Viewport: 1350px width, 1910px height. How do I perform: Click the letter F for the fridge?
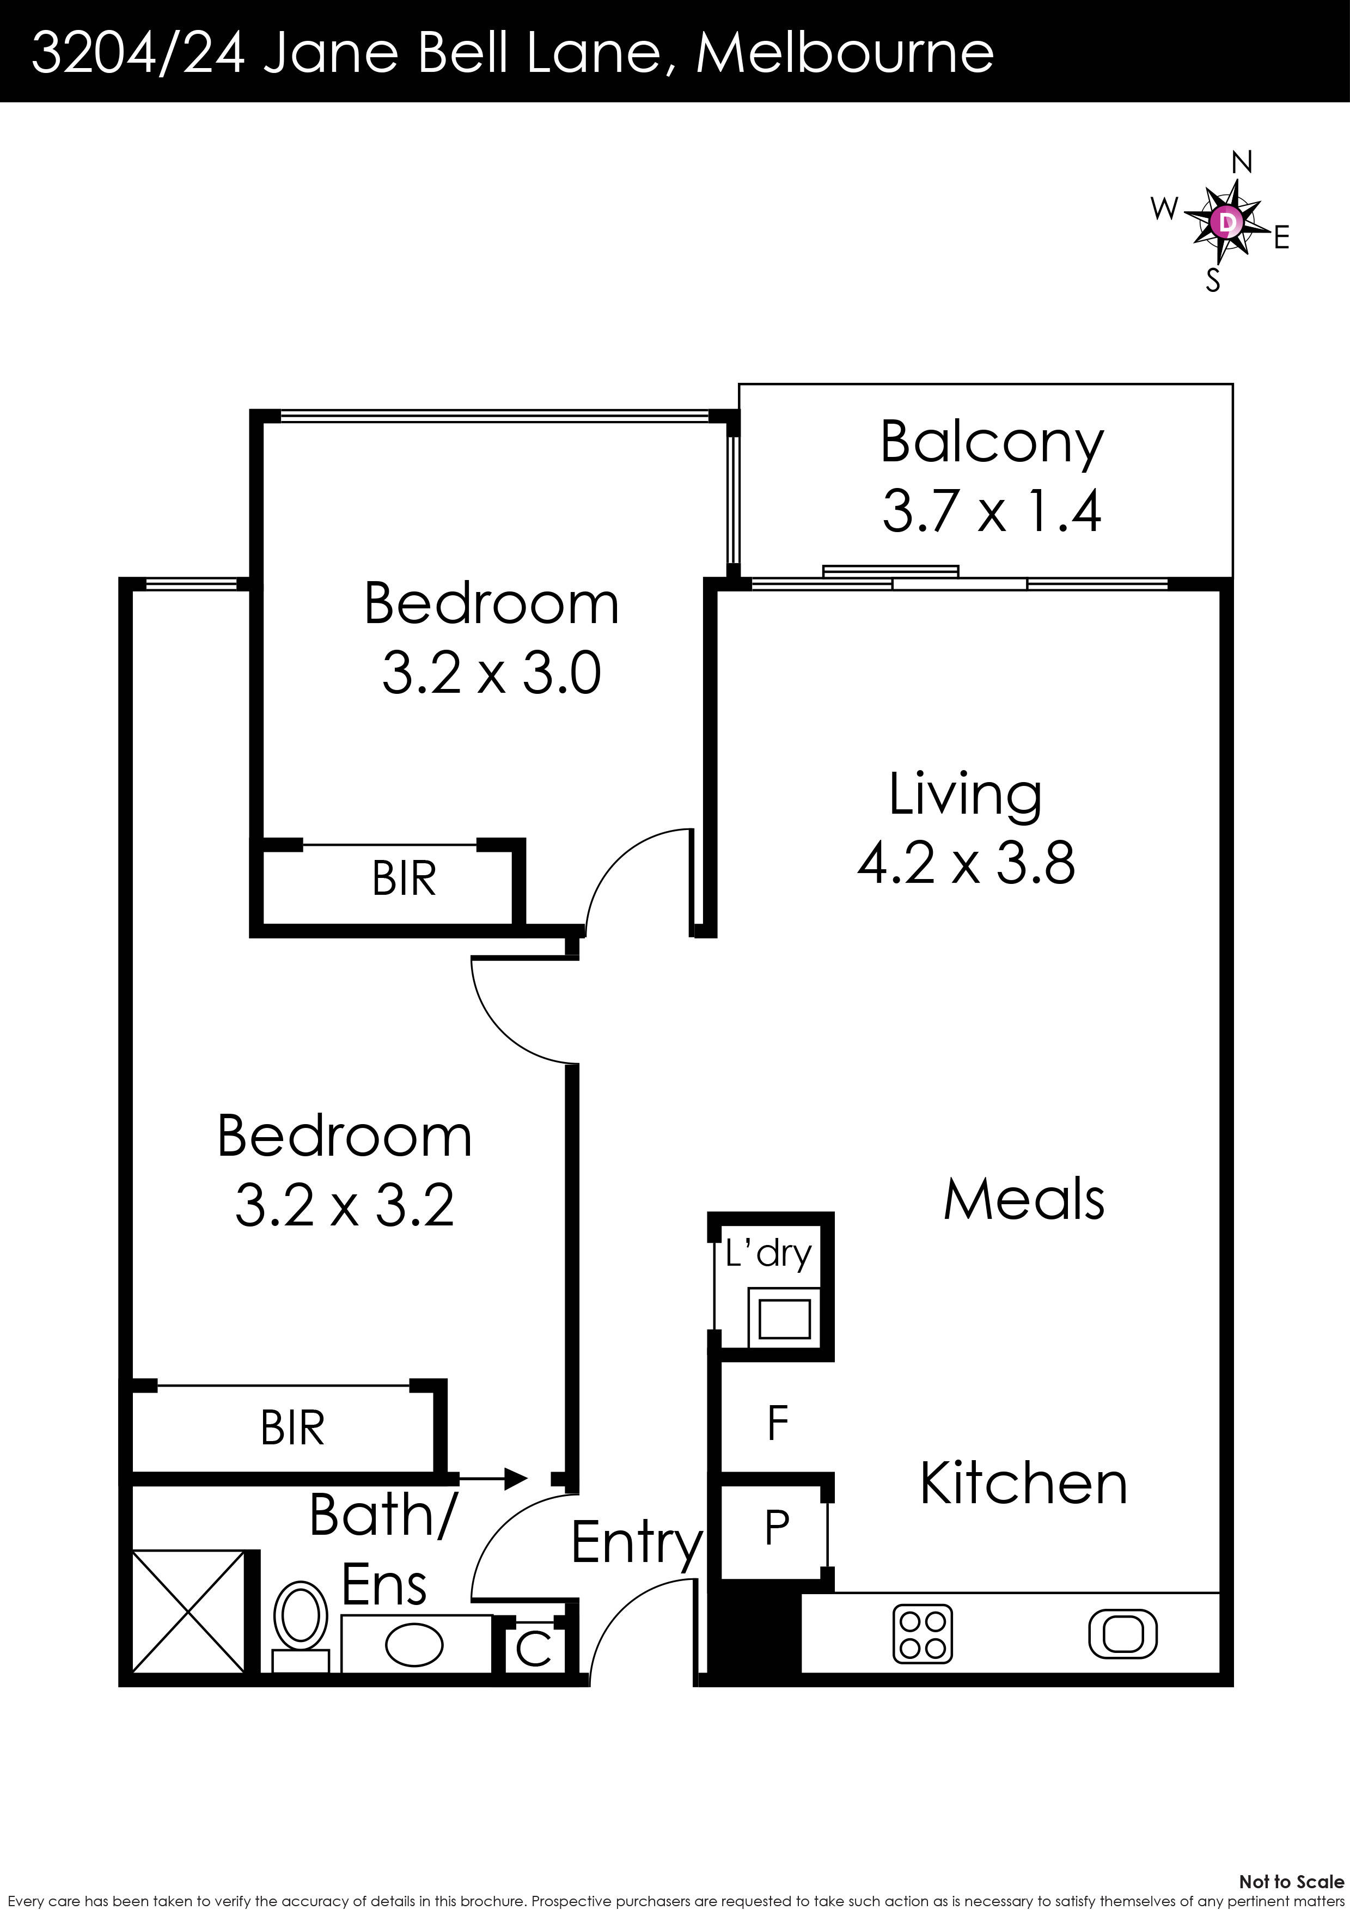click(778, 1423)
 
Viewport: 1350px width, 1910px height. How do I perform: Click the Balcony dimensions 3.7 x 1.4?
click(992, 511)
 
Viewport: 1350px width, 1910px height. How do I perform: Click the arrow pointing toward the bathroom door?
click(492, 1478)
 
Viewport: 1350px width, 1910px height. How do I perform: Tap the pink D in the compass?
click(1226, 222)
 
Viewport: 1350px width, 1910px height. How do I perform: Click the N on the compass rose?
click(1241, 163)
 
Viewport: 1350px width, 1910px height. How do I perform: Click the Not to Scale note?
click(1291, 1875)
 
